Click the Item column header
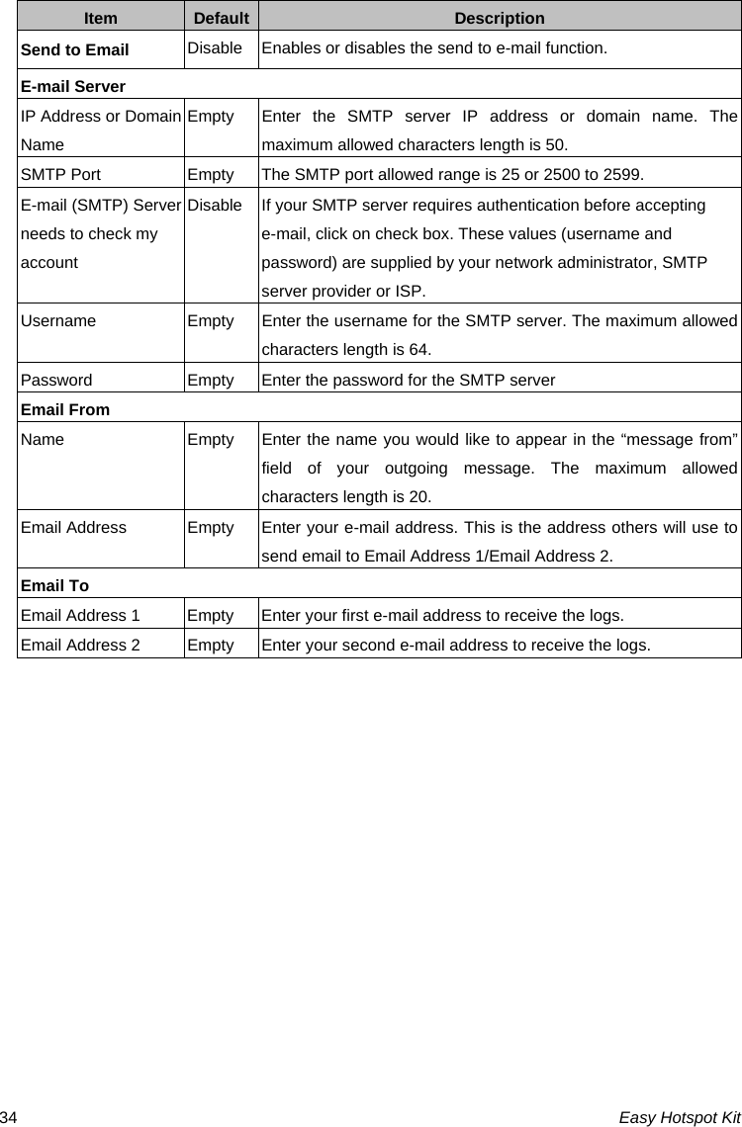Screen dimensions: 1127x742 [x=100, y=18]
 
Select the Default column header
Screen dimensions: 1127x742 [x=221, y=18]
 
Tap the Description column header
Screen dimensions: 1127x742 [x=500, y=18]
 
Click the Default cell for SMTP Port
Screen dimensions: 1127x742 [x=211, y=175]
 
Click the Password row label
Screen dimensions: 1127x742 [x=56, y=380]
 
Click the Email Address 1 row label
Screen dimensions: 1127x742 [x=80, y=615]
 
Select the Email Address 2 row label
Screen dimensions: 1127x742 [x=80, y=646]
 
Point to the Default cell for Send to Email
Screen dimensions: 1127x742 [x=215, y=48]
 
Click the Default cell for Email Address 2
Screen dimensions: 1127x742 [x=211, y=646]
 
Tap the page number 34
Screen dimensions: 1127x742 [x=9, y=1117]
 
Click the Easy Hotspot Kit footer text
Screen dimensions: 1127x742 [x=680, y=1117]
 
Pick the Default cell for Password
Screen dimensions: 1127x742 [x=211, y=380]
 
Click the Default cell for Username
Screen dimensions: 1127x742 [x=211, y=321]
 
